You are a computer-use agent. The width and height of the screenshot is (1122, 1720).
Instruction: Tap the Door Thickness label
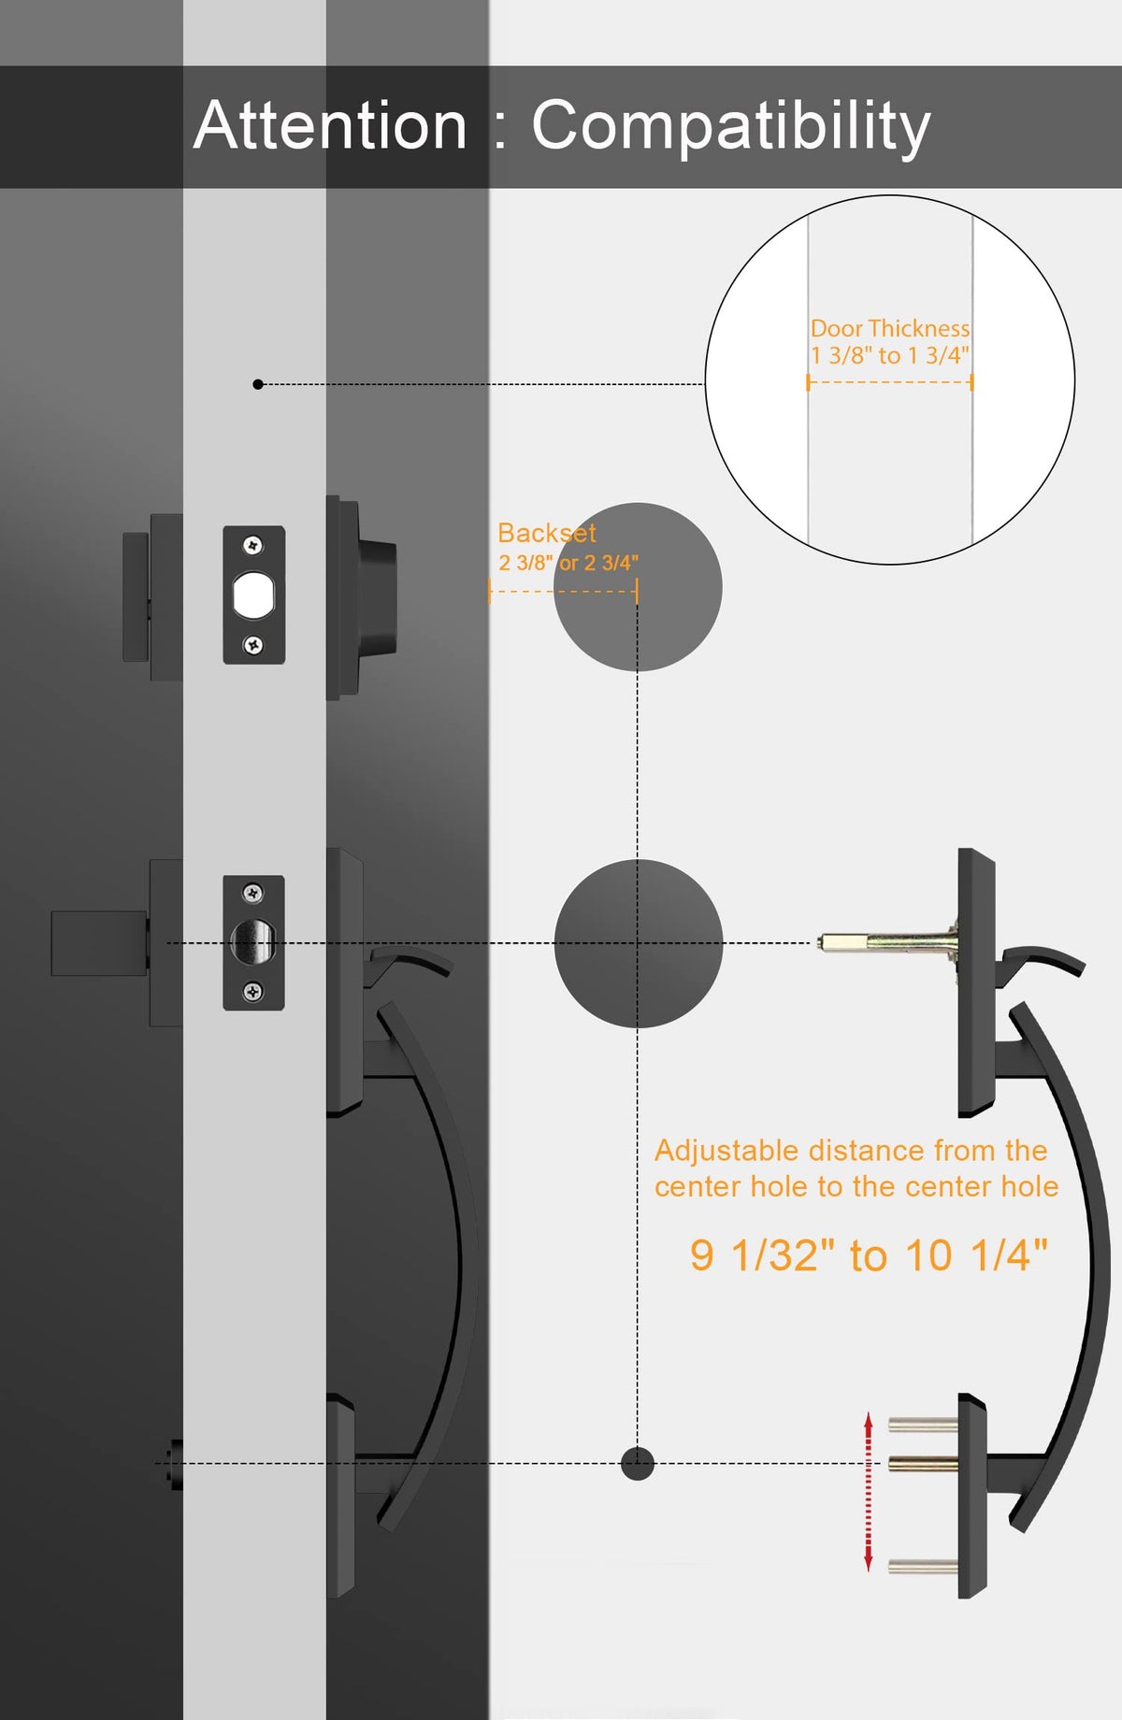pyautogui.click(x=889, y=328)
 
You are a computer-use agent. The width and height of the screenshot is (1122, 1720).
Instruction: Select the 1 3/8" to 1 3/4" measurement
pyautogui.click(x=889, y=355)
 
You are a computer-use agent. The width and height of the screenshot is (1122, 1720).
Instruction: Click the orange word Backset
pyautogui.click(x=547, y=533)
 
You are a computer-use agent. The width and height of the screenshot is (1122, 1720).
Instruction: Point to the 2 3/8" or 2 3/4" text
pyautogui.click(x=568, y=563)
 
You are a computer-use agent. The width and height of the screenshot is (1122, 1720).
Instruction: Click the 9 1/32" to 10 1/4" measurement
pyautogui.click(x=869, y=1254)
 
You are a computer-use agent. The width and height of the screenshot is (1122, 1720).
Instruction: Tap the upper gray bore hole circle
pyautogui.click(x=638, y=587)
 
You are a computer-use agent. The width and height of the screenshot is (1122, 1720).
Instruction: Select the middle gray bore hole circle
pyautogui.click(x=639, y=943)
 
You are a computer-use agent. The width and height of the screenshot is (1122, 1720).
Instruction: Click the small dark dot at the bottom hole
pyautogui.click(x=638, y=1463)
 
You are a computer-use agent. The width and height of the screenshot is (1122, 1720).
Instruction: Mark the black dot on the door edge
pyautogui.click(x=258, y=384)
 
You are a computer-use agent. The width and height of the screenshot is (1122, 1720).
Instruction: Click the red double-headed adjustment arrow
pyautogui.click(x=869, y=1491)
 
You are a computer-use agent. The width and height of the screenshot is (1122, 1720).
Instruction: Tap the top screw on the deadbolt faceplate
pyautogui.click(x=252, y=545)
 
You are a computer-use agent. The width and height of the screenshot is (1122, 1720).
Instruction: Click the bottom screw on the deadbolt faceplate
pyautogui.click(x=252, y=645)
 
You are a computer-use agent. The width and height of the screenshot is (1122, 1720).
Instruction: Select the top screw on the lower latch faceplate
pyautogui.click(x=252, y=894)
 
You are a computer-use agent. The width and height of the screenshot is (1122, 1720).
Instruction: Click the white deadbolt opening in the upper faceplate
pyautogui.click(x=252, y=595)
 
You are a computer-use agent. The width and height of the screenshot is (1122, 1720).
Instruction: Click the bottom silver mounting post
pyautogui.click(x=923, y=1566)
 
